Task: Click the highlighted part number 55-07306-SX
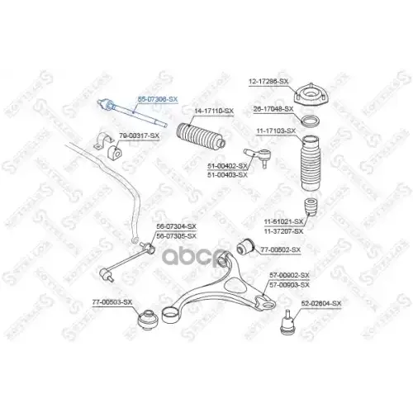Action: click(157, 98)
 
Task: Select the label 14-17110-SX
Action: click(214, 111)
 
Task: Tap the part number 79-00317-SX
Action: click(140, 135)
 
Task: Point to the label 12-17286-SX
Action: click(268, 81)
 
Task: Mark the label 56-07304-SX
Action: click(177, 225)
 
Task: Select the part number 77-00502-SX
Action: click(280, 249)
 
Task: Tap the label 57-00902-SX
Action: click(289, 274)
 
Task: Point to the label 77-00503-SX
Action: click(112, 302)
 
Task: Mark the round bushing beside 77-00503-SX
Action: click(146, 317)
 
